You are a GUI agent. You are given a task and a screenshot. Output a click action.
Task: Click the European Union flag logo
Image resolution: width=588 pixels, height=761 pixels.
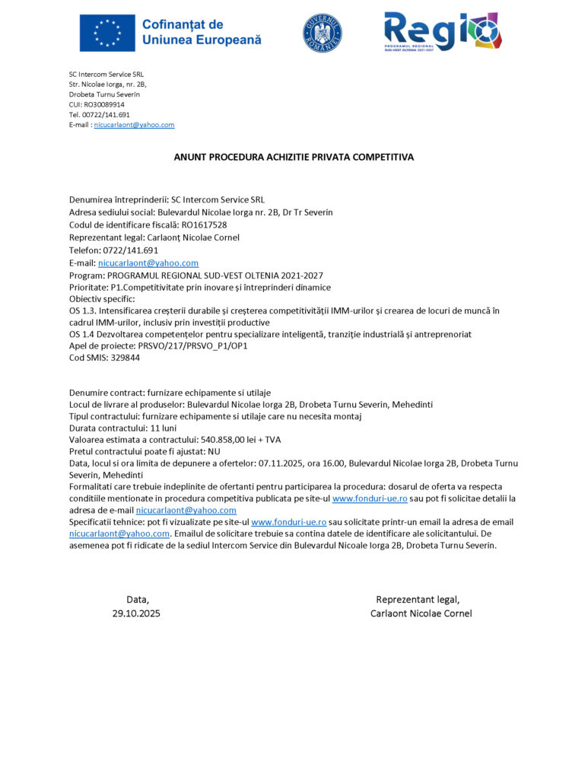107,33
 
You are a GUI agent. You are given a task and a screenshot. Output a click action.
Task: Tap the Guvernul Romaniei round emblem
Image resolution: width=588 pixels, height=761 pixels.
323,33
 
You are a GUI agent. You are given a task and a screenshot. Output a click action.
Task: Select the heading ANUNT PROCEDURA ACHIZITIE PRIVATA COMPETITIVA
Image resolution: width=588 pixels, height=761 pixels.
294,158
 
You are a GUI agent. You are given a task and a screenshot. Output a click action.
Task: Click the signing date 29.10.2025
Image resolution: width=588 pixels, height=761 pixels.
136,613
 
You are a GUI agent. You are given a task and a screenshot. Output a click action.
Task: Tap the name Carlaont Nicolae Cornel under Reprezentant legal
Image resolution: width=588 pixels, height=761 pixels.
421,613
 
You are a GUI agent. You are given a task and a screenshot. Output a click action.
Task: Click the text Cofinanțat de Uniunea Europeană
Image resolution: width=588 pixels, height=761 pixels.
202,32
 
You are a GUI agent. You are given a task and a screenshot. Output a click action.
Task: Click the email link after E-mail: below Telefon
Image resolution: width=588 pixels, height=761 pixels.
148,263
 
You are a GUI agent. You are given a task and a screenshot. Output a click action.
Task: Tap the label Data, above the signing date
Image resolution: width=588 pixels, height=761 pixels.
138,600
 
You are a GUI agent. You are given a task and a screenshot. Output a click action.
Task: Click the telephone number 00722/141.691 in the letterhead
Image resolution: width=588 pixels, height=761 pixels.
106,115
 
